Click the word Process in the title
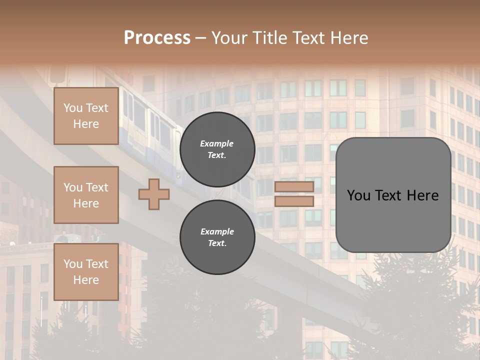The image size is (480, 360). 157,38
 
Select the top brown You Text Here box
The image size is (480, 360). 86,116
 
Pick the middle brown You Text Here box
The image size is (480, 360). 86,195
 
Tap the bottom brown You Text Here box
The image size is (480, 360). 86,272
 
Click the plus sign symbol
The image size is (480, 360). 153,194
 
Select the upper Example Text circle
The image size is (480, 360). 217,149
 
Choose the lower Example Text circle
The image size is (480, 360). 217,237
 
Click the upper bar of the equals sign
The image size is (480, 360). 294,186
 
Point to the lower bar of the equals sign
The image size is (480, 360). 294,201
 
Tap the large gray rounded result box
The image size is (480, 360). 393,195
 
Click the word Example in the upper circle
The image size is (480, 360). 216,143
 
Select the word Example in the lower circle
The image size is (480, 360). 217,231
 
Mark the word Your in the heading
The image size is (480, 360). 229,38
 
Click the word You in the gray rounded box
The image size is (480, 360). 359,195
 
